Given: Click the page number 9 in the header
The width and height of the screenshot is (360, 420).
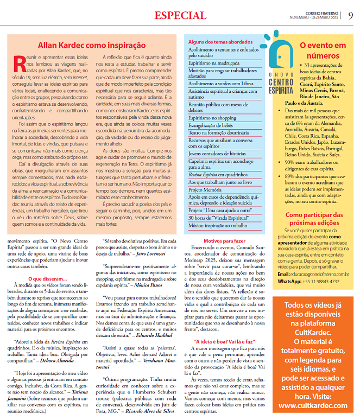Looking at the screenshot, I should click(x=350, y=15).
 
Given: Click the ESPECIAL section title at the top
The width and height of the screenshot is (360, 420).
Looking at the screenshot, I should click(x=180, y=15).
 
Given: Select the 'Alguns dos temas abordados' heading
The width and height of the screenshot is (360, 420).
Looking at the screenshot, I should click(x=214, y=41).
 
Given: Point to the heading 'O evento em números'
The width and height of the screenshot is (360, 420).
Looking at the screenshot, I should click(x=323, y=50).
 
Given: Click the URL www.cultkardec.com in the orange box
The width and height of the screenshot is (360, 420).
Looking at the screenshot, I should click(x=314, y=405).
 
